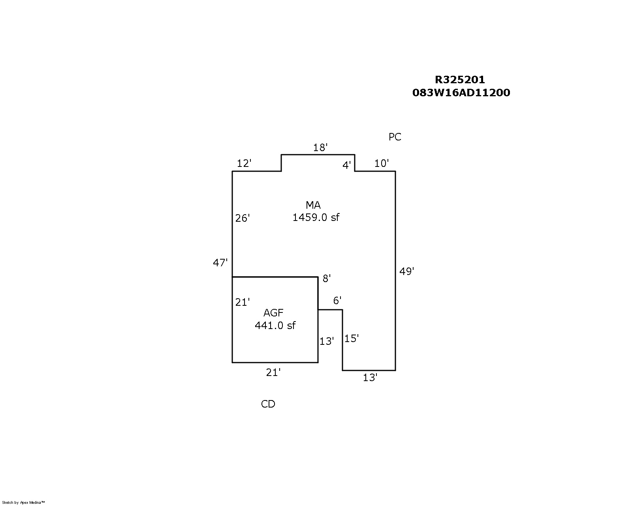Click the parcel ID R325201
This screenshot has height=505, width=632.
coord(460,80)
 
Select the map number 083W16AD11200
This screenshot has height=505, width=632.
coord(461,93)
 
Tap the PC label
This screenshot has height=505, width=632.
coord(395,137)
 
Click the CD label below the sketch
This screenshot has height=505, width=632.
coord(268,404)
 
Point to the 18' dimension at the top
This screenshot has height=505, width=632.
coord(320,147)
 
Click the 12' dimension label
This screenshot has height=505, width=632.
coord(244,163)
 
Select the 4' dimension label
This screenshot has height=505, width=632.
coord(346,165)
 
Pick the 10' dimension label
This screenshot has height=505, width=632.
coord(382,163)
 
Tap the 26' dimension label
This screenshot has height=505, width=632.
coord(243,218)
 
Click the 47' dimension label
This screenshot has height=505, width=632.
coord(220,263)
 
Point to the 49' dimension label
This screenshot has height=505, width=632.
coord(407,271)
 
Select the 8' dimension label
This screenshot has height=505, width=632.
coord(327,279)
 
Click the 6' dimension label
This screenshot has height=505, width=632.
coord(337,301)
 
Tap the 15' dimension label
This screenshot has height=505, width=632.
coord(352,339)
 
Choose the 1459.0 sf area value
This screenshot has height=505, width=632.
coord(316,217)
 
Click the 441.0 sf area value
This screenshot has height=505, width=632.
coord(275,325)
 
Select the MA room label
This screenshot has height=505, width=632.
coord(313,205)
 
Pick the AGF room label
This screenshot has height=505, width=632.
coord(273,313)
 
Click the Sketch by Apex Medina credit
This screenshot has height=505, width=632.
coord(23,503)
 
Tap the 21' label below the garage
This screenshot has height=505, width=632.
coord(273,372)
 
